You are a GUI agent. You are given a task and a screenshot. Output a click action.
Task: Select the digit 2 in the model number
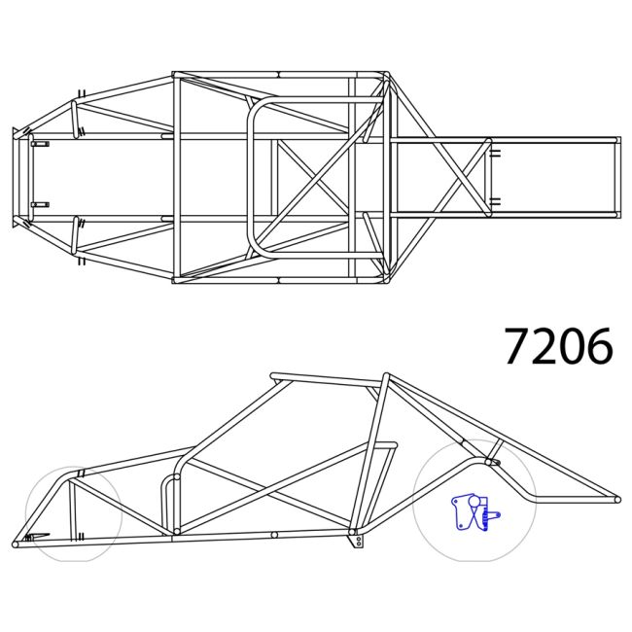click(544, 346)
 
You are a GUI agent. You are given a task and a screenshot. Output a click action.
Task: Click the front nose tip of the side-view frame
click(16, 542)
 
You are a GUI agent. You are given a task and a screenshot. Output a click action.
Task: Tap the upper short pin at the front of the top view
click(40, 144)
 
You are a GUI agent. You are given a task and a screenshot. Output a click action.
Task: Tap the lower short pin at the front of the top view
click(40, 204)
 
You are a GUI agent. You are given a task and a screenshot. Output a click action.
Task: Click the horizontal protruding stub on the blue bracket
click(493, 513)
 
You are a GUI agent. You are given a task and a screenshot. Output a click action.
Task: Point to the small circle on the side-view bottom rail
click(275, 534)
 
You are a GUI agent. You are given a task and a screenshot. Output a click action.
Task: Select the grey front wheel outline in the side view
click(74, 515)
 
